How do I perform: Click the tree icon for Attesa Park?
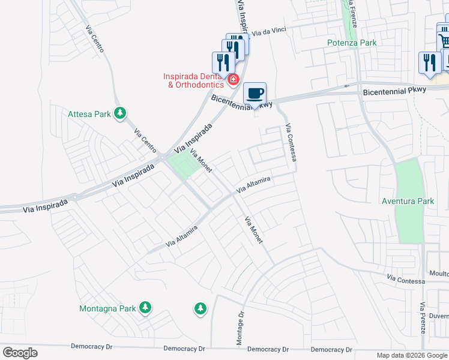[121, 113]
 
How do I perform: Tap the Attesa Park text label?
[89, 113]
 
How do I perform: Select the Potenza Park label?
[352, 43]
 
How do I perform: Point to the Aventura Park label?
[408, 201]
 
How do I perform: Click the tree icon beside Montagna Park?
[145, 308]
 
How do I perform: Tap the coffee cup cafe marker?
[256, 94]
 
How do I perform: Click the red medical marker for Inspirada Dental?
[233, 79]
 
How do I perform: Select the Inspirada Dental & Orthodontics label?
[193, 80]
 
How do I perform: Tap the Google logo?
[20, 353]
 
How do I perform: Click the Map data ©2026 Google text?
[411, 355]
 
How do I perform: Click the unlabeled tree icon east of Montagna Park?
[200, 309]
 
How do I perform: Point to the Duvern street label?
[439, 315]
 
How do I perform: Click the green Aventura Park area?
[410, 180]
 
